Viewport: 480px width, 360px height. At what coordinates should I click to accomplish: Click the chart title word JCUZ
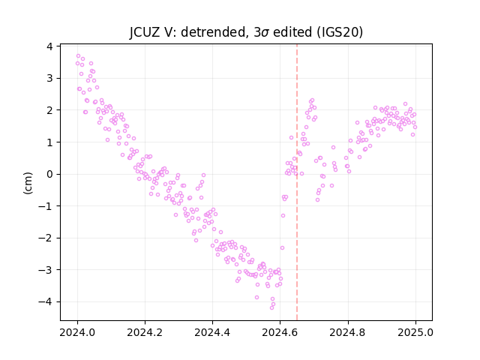coord(145,32)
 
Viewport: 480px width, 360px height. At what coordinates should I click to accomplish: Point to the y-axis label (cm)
coord(28,183)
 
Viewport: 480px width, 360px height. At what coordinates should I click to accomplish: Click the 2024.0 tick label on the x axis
coord(77,332)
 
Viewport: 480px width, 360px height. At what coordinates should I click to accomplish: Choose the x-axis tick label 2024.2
coord(145,332)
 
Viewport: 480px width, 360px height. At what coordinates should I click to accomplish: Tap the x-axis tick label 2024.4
coord(212,332)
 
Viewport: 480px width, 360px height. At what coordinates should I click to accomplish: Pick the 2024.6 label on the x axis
coord(280,332)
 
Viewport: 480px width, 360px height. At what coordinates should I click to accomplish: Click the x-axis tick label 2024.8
coord(348,332)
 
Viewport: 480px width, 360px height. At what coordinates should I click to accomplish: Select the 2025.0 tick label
coord(415,332)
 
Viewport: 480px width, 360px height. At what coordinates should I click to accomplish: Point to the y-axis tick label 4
coord(49,46)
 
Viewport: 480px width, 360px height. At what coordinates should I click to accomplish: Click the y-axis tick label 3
coord(49,78)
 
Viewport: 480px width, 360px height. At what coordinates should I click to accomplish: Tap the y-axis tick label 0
coord(49,174)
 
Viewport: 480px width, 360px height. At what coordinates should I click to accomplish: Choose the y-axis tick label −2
coord(45,238)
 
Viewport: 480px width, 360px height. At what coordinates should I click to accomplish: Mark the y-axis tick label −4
coord(45,301)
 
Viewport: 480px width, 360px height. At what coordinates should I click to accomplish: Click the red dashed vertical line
coord(297,182)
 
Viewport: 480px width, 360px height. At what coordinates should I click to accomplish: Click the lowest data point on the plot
coord(271,307)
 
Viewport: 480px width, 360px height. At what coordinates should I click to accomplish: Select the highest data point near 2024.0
coord(78,56)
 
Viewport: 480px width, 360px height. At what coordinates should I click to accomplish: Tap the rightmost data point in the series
coord(415,127)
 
